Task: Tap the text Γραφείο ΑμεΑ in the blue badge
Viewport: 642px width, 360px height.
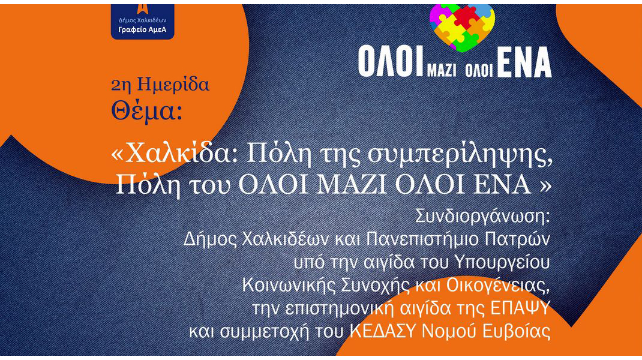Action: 142,30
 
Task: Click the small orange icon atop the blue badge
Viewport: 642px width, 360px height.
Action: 142,9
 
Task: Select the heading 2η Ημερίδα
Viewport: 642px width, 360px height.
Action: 160,85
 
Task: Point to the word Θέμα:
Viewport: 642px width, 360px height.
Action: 146,112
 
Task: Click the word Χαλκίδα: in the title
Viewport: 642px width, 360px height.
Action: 175,155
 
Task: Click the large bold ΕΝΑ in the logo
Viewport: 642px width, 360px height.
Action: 524,62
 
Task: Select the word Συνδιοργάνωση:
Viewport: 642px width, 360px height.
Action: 483,217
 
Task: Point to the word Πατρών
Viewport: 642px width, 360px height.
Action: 517,239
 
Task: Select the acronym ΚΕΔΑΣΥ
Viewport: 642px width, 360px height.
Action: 383,331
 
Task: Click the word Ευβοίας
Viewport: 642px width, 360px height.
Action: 517,331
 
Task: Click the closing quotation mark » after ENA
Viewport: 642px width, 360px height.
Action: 545,185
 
